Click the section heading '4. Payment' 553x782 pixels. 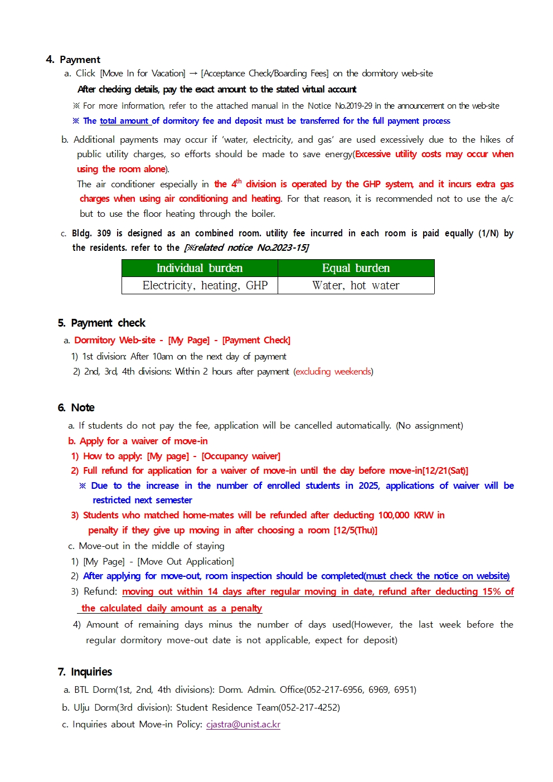(73, 60)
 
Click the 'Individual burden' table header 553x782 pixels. (200, 268)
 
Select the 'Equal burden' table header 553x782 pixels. (356, 268)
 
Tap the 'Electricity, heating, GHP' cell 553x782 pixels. (200, 285)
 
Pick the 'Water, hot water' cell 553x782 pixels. (356, 285)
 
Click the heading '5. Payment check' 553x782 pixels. (101, 323)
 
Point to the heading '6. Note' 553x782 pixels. (76, 407)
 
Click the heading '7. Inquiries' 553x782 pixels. (85, 672)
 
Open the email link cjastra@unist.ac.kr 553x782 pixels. (243, 724)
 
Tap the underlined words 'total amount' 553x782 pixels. (124, 121)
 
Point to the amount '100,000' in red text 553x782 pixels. (394, 515)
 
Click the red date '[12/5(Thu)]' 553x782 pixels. (356, 530)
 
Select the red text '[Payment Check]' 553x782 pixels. (256, 340)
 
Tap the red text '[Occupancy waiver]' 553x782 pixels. (241, 456)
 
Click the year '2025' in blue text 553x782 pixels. (368, 485)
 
